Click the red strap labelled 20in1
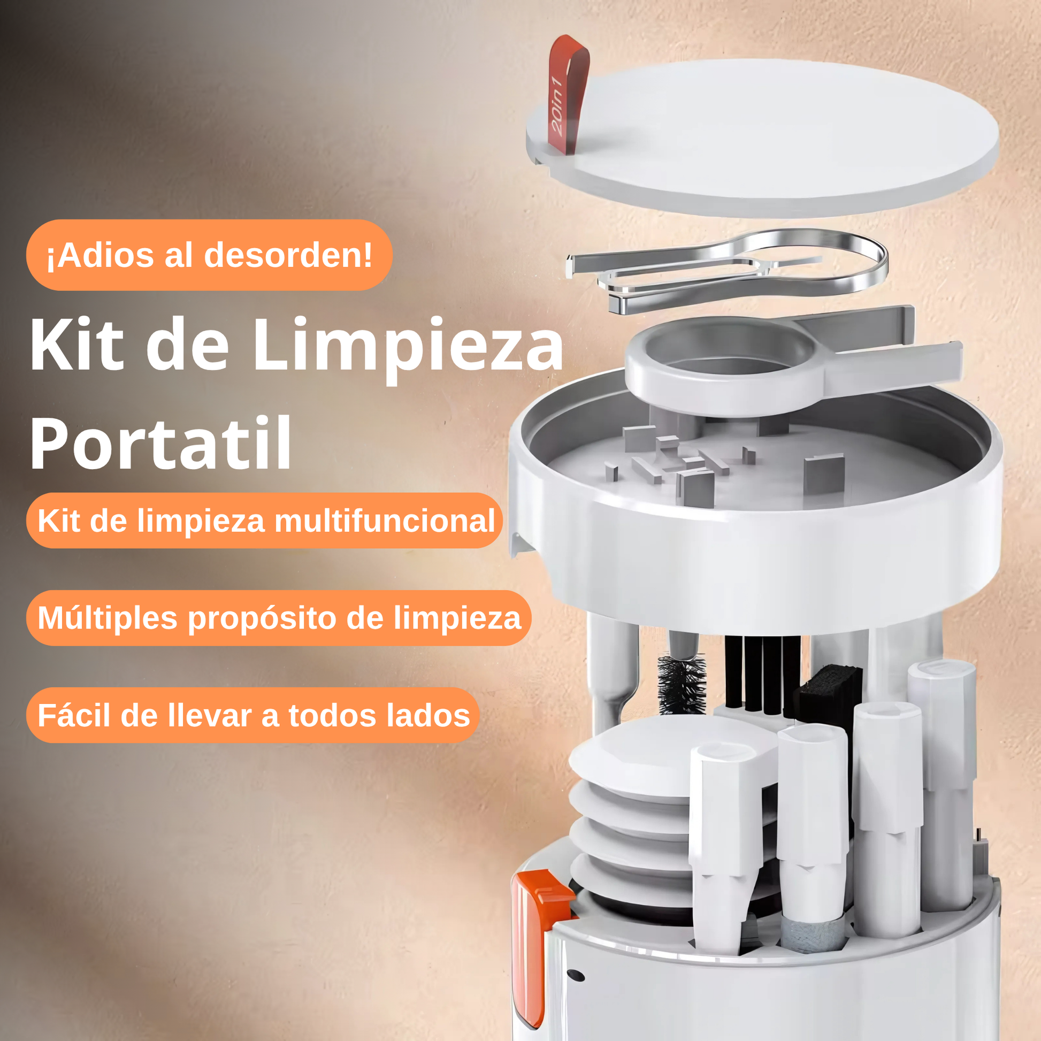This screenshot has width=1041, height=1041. [x=567, y=95]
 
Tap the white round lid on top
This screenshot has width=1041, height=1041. [x=762, y=138]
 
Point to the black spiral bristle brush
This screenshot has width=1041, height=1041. [x=682, y=683]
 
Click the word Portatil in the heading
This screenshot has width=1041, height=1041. [x=160, y=444]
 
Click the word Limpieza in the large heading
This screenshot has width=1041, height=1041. [x=408, y=349]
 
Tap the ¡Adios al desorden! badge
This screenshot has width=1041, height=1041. [x=209, y=255]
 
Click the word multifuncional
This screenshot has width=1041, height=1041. [x=385, y=521]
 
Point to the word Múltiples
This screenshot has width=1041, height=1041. [x=107, y=618]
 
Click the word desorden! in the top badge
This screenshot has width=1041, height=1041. [x=288, y=254]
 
